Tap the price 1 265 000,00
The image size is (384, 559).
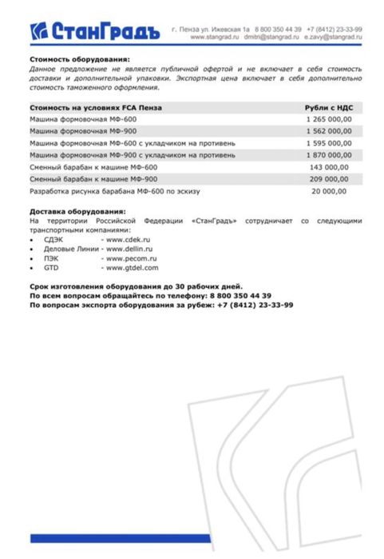[328, 119]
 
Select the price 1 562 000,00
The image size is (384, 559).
[328, 131]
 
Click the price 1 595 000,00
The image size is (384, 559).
[328, 143]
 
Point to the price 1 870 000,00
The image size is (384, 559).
[328, 155]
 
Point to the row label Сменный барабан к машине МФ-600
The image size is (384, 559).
[85, 168]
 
